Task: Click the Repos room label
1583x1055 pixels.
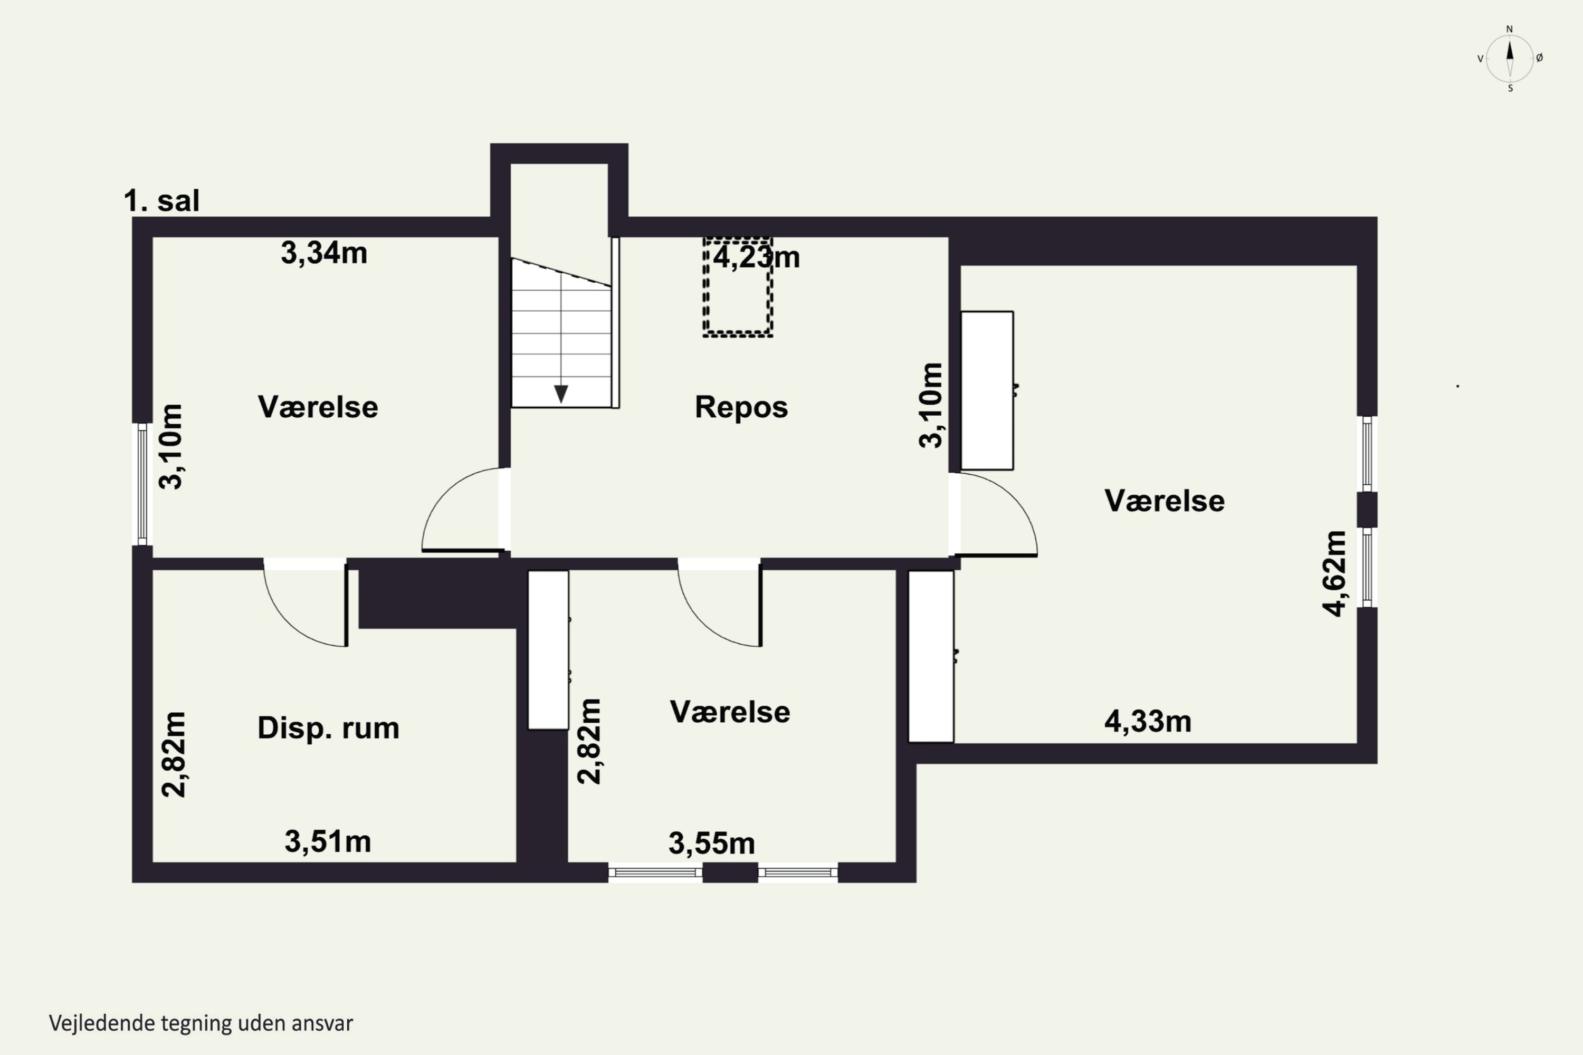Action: click(741, 407)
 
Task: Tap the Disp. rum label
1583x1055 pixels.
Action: click(328, 728)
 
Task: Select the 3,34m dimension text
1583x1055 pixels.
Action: click(324, 253)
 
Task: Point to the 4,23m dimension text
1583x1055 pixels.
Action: click(757, 257)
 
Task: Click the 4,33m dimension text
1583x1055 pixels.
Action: click(1148, 721)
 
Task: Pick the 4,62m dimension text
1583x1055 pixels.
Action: click(1334, 573)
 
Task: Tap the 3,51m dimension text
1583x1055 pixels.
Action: click(328, 841)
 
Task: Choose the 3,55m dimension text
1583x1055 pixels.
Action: click(711, 843)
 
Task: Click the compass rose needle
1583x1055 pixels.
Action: click(1510, 59)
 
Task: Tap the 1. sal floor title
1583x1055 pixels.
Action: click(161, 200)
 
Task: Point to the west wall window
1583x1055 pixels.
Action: click(142, 484)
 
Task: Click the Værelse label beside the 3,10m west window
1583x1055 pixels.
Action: click(318, 407)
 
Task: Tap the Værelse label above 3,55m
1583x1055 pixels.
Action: click(730, 712)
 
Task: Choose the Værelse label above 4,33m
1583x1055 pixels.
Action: click(1165, 501)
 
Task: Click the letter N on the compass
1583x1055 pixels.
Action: click(1510, 29)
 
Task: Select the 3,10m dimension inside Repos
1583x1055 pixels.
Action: click(931, 405)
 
